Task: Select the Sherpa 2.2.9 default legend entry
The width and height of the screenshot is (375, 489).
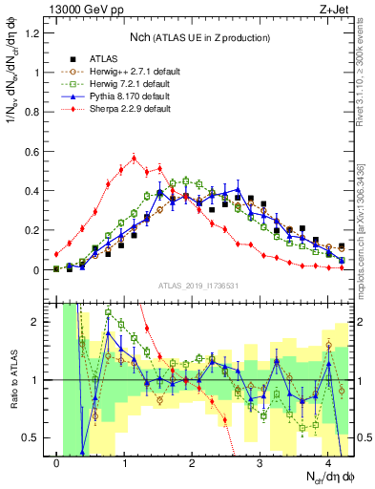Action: click(x=125, y=109)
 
